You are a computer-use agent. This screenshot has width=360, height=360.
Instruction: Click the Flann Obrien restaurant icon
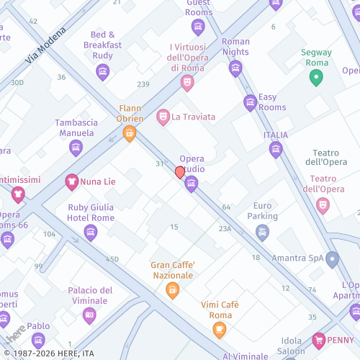point(130,133)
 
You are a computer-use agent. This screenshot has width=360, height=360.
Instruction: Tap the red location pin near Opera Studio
point(180,172)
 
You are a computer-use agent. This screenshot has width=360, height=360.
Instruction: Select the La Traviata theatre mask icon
point(163,117)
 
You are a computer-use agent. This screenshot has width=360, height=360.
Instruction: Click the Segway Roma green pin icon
point(316,78)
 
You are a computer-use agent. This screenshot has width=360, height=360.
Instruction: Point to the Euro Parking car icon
point(262,232)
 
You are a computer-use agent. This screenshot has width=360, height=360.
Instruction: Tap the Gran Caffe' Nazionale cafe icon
point(172,290)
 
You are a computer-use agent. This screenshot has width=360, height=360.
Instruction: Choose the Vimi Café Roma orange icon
point(220,330)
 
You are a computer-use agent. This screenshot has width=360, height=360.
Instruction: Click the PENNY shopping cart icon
point(319,339)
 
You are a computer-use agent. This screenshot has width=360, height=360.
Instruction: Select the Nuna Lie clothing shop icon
point(71,181)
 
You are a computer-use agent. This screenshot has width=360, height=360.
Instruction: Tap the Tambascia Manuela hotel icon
point(76,148)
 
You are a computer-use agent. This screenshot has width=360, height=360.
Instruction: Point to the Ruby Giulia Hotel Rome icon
point(90,232)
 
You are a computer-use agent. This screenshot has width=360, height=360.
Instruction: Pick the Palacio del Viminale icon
point(89,315)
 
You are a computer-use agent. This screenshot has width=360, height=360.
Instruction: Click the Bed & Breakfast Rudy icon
point(102,72)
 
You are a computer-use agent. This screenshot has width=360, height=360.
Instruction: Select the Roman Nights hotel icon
point(235,68)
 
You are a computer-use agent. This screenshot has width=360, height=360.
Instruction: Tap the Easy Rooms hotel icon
point(250,102)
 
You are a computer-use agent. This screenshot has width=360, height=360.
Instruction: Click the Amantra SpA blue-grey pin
point(332,258)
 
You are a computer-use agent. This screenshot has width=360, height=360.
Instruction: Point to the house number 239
point(143,84)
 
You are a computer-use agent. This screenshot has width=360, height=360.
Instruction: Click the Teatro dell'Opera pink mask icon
point(323,205)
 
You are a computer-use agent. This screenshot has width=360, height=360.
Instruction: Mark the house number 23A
point(225,228)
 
